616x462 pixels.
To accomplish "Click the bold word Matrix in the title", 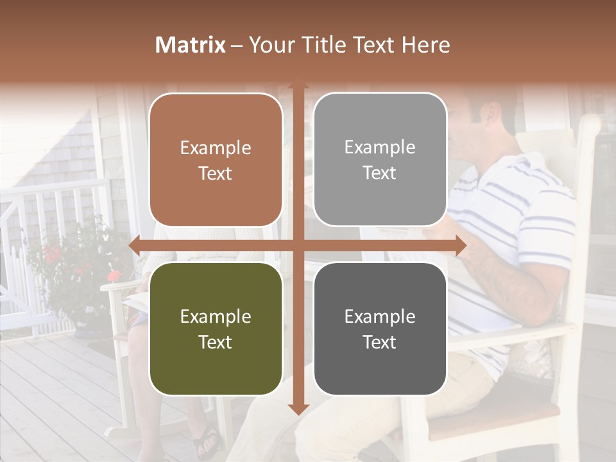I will pos(191,45).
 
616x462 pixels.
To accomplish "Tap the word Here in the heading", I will pos(425,45).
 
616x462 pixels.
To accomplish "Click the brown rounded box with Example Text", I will pos(216,160).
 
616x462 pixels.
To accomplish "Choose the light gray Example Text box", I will pos(380,160).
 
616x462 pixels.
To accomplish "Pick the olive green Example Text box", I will pos(216,329).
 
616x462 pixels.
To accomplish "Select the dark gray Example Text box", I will pos(380,329).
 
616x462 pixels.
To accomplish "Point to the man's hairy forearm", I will pos(513,282).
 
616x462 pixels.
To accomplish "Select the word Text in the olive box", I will pos(216,342).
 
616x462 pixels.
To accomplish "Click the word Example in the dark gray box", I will pos(380,316).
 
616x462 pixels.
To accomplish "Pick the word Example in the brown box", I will pos(216,148).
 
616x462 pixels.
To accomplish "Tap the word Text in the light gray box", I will pos(380,173).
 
